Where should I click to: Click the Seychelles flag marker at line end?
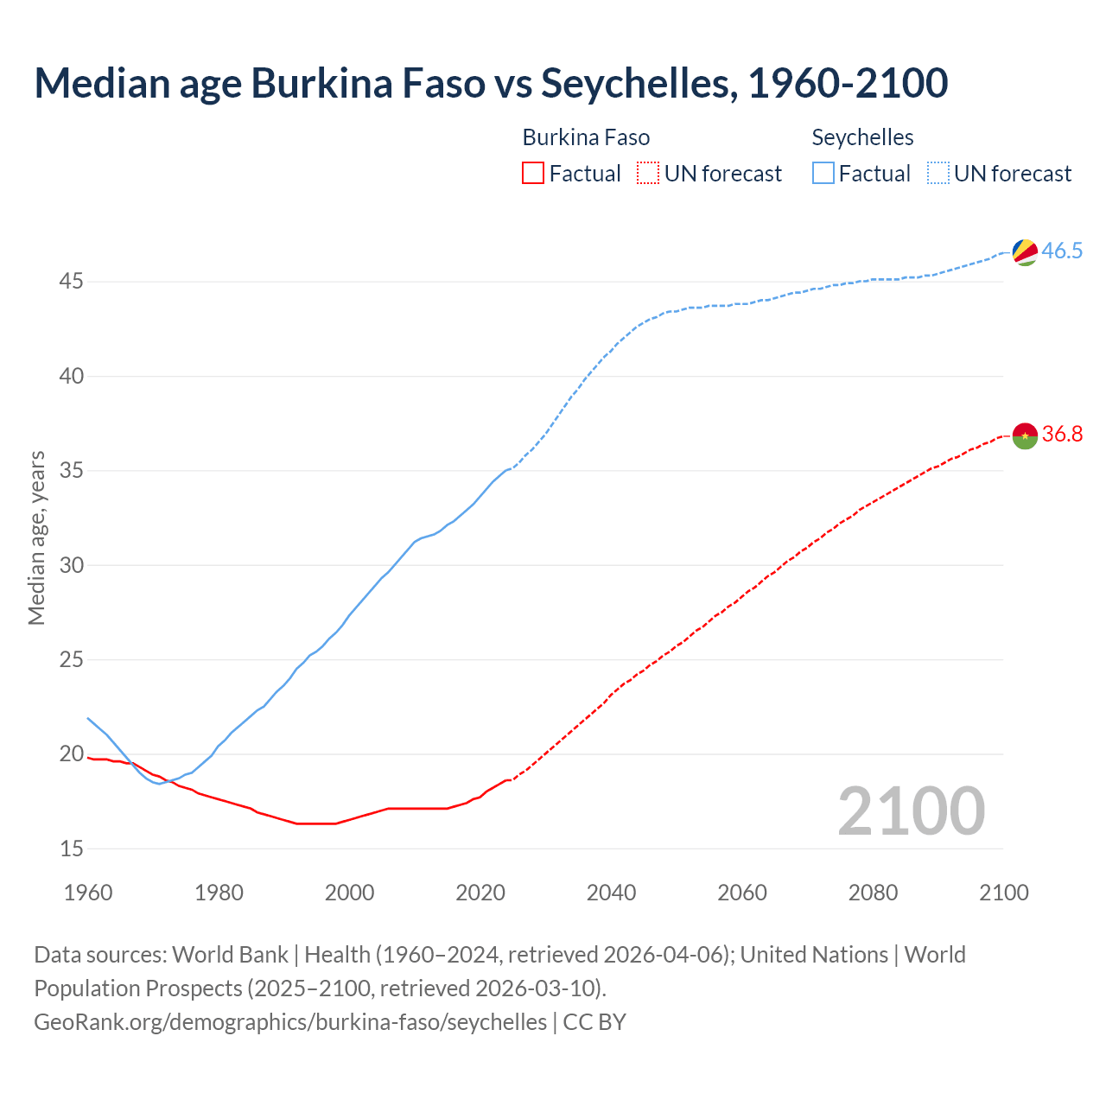click(x=1025, y=252)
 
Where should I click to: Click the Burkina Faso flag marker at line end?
click(x=1025, y=435)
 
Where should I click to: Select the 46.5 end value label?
click(x=1062, y=251)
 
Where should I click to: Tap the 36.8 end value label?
click(x=1062, y=435)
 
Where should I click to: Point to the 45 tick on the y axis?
click(x=72, y=282)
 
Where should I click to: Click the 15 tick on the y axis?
click(x=72, y=849)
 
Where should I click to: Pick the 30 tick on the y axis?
click(x=72, y=565)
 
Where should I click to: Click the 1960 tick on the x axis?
click(x=88, y=893)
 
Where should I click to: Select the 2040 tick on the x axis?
click(x=611, y=893)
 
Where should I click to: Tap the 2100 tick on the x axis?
click(x=1003, y=893)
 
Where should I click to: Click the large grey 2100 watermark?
click(x=911, y=811)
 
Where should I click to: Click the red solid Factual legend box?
click(x=533, y=174)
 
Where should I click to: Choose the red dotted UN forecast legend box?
click(x=648, y=174)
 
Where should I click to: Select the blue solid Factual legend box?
click(x=823, y=174)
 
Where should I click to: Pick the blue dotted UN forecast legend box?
click(x=938, y=174)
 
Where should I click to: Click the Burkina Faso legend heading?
click(x=586, y=138)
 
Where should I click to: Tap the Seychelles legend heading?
click(x=862, y=138)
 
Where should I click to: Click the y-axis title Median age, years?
click(x=36, y=537)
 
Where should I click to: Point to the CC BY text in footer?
click(x=594, y=1022)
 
